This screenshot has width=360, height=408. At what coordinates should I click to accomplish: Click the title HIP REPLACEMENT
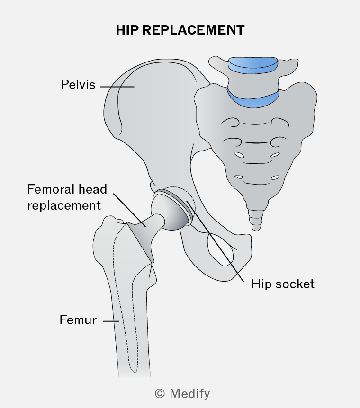point(180,30)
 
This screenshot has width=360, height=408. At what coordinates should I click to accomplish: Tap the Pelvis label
point(78,85)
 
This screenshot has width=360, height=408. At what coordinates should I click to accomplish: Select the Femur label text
point(78,320)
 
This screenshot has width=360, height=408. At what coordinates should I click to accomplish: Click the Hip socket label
point(283,284)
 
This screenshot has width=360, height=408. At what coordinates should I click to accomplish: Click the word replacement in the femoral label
point(64,206)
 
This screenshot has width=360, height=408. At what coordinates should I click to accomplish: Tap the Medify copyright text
point(182,394)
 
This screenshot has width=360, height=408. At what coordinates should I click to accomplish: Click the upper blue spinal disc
point(253,65)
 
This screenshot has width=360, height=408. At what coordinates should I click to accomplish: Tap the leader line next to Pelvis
point(117,87)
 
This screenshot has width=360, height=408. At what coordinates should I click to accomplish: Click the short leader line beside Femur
point(111,321)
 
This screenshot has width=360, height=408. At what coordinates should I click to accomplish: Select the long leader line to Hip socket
point(215,241)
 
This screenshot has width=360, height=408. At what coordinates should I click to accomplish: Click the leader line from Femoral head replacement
point(129,210)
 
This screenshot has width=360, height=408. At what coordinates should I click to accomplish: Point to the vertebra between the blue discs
point(253,82)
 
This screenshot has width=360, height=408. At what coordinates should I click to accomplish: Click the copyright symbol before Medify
point(160,394)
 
